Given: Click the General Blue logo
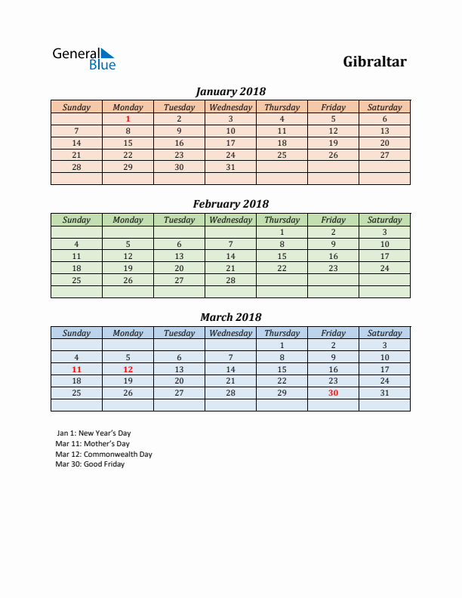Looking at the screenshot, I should (x=83, y=59).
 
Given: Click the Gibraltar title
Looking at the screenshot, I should (x=374, y=61).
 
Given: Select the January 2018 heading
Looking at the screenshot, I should (x=230, y=91).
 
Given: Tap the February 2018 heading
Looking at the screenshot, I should (x=230, y=204).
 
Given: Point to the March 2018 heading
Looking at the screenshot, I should (x=230, y=317).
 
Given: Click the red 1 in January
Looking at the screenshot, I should (x=128, y=119).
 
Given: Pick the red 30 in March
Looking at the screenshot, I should (x=333, y=393).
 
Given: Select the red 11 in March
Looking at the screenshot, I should (x=76, y=369).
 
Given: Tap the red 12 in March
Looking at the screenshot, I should (x=128, y=369).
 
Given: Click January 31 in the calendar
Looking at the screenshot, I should (x=230, y=167).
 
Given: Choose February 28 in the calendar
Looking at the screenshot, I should (x=230, y=279).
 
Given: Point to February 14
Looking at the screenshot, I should (x=230, y=256).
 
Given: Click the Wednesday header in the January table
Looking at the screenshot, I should (x=230, y=107).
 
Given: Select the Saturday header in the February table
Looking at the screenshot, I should (x=384, y=220).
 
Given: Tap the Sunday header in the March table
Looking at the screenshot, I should (x=76, y=333).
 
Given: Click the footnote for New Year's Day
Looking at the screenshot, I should (x=93, y=433).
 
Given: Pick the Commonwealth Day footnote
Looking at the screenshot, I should (x=103, y=455).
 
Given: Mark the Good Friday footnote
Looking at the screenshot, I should (x=90, y=464).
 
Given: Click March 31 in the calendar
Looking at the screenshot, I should (x=384, y=393).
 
